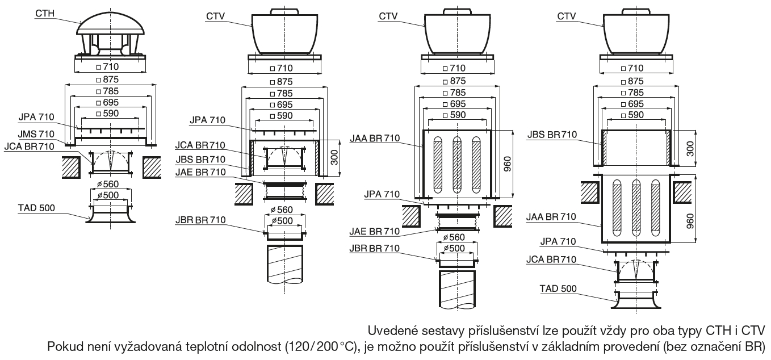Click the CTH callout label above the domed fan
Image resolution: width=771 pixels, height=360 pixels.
[45, 13]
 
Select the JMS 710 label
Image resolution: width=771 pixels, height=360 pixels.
[36, 134]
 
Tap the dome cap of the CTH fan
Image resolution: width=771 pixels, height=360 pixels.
[111, 23]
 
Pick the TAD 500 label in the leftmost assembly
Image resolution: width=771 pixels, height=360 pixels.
[36, 208]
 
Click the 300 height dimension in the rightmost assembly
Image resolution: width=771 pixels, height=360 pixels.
[690, 148]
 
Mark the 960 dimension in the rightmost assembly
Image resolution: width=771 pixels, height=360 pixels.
[690, 221]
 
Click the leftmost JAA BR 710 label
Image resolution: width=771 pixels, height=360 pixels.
[375, 138]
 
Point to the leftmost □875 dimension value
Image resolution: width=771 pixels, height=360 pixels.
[107, 79]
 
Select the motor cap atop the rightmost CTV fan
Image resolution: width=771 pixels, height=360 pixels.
[636, 11]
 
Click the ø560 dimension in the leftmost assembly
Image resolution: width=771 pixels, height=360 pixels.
[108, 184]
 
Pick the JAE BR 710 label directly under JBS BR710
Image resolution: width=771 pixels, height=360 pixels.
[200, 172]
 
